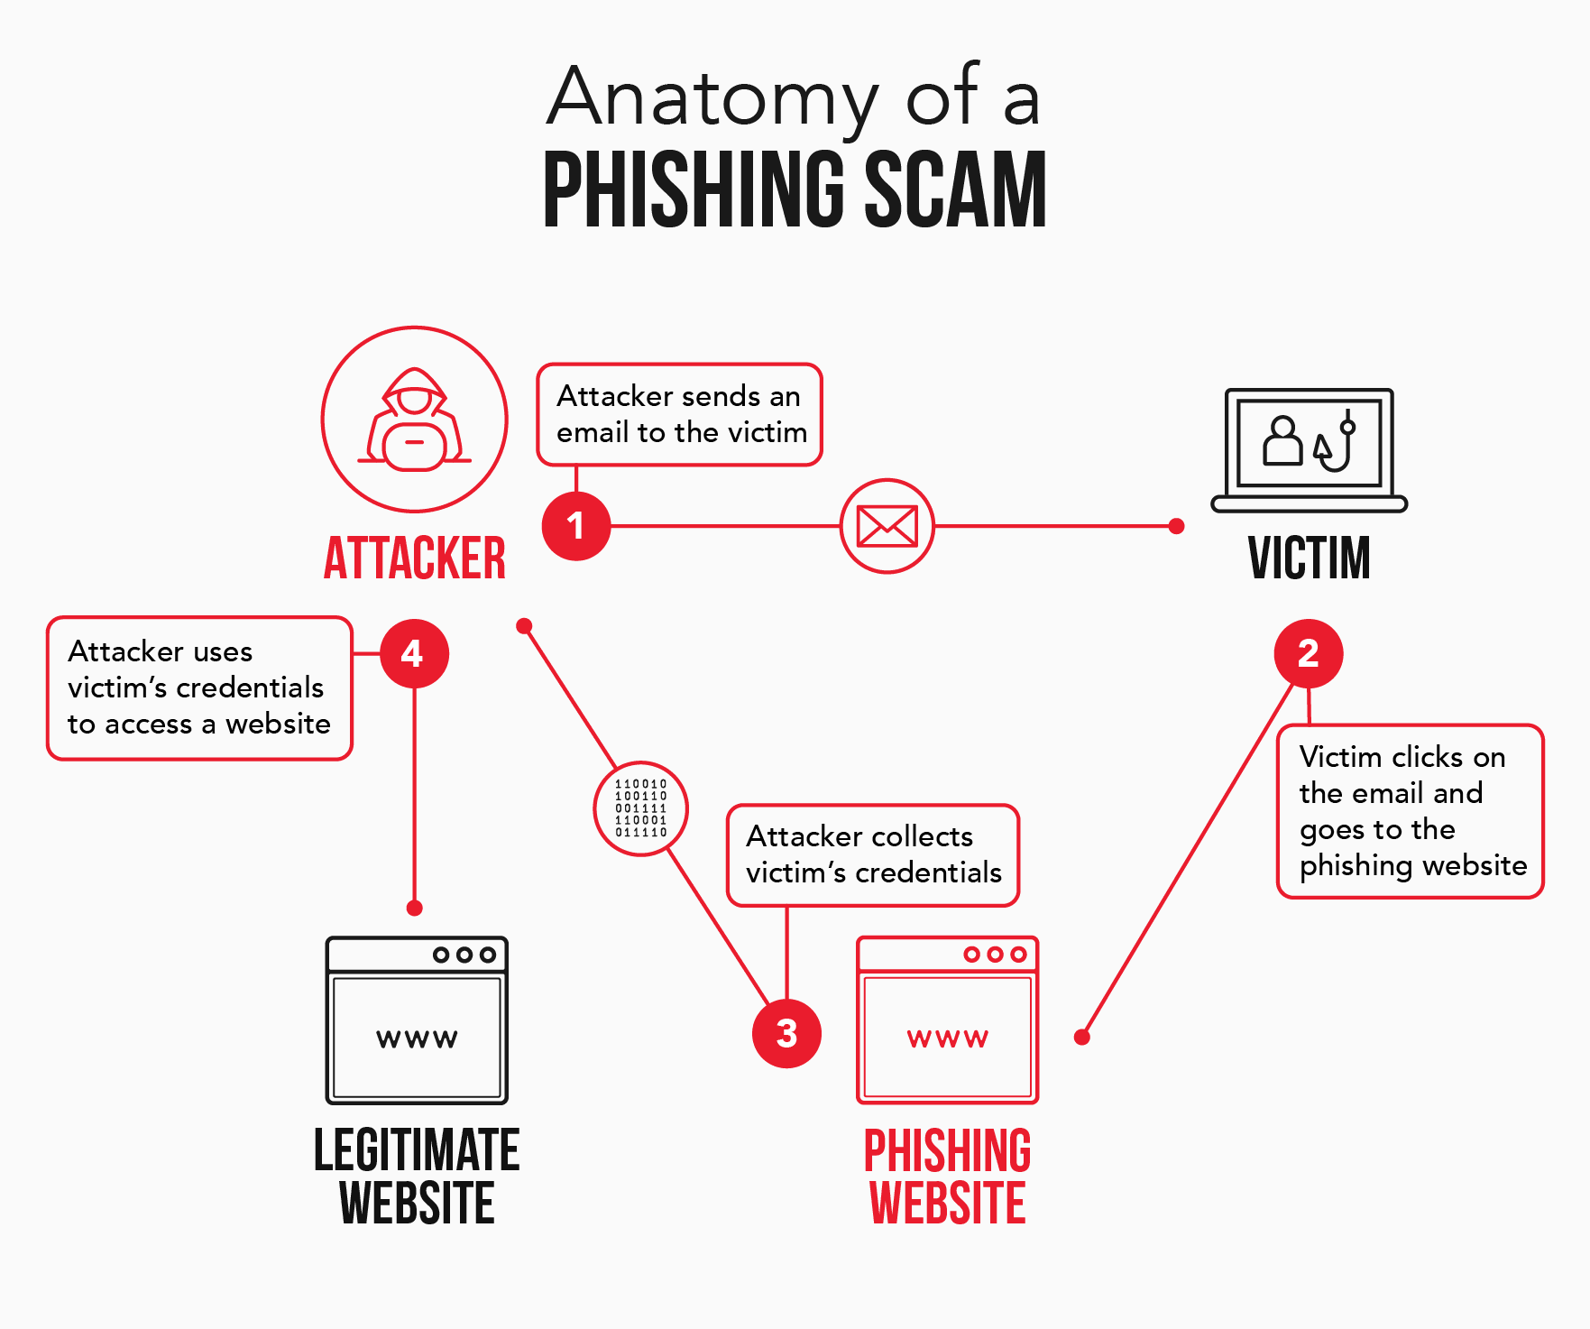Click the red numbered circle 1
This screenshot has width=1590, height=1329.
click(575, 526)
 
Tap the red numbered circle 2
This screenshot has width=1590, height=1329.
click(1308, 653)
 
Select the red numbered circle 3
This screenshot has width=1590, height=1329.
click(786, 1033)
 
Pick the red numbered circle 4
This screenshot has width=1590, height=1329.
click(414, 653)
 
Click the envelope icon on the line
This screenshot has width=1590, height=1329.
click(887, 526)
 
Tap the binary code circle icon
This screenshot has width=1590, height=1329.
click(640, 808)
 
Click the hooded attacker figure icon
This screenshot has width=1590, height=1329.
click(414, 420)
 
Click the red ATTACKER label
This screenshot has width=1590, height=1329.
click(414, 558)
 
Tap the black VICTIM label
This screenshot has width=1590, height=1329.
click(1309, 558)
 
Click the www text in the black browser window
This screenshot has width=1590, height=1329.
click(417, 1038)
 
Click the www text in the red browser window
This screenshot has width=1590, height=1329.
click(947, 1038)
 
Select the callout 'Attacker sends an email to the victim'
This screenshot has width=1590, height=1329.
click(679, 414)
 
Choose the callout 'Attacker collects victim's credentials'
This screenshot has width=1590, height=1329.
click(872, 854)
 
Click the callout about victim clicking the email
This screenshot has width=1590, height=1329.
click(1411, 810)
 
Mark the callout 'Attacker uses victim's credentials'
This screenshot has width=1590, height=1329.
click(198, 688)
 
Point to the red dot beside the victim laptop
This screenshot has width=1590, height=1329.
click(1176, 526)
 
